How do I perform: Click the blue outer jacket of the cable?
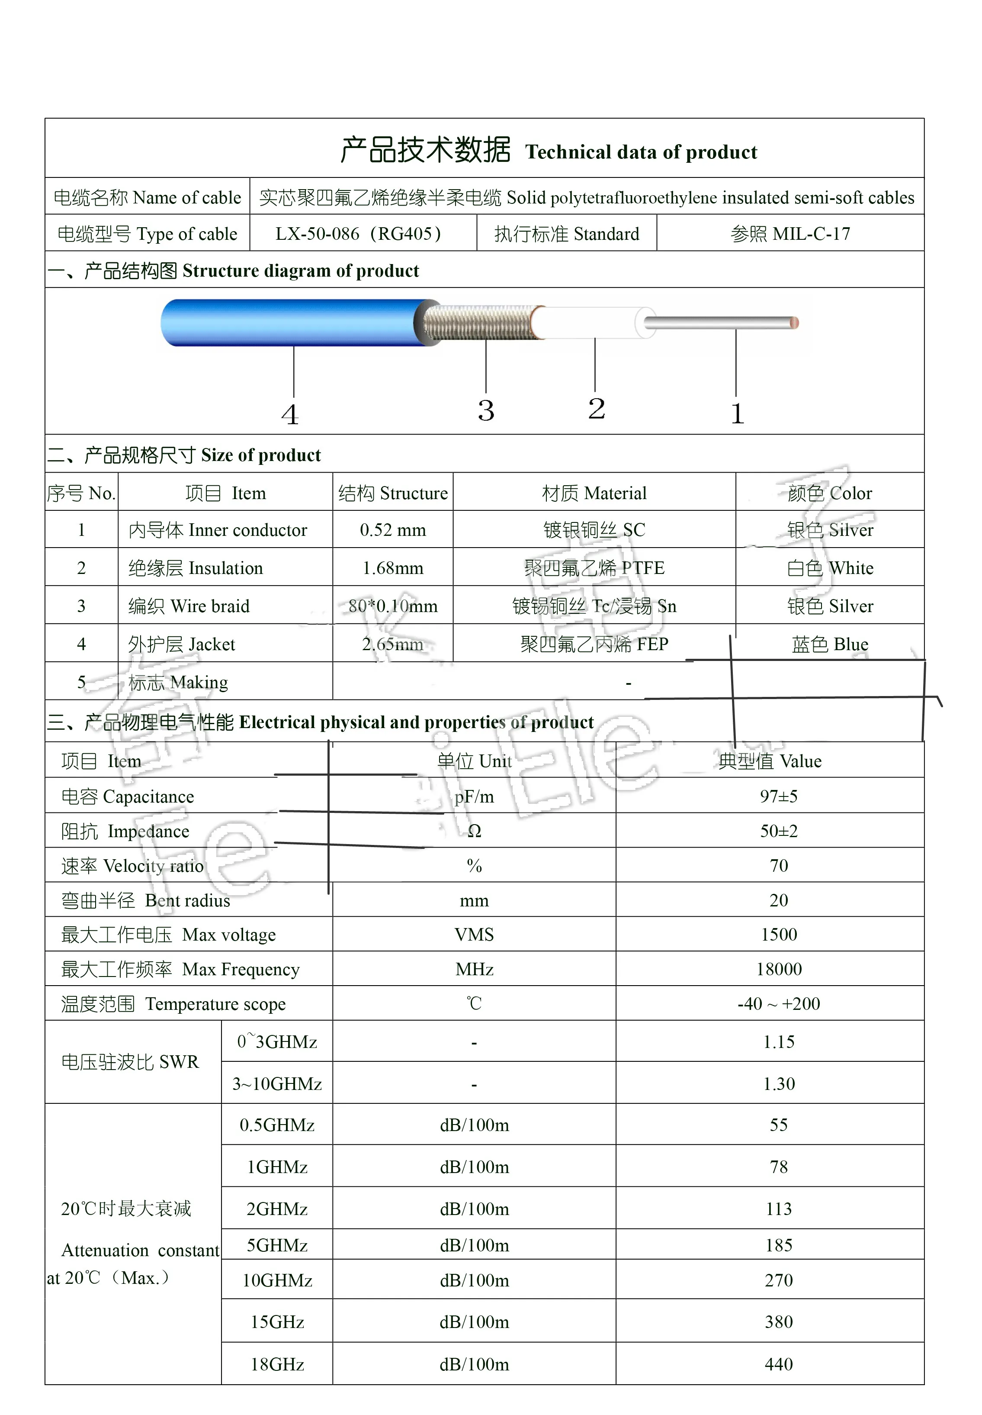point(289,322)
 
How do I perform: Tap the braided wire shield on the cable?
point(480,322)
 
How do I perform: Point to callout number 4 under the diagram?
point(290,414)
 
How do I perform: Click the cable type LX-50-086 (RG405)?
point(358,234)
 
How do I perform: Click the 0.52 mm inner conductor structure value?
point(392,530)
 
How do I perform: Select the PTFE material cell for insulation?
point(594,567)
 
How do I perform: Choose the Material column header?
point(594,493)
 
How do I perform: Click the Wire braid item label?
point(189,606)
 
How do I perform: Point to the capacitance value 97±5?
point(778,796)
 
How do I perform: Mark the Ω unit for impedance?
point(474,831)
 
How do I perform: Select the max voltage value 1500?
point(778,934)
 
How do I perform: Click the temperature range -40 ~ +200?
point(778,1003)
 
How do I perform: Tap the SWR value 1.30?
point(778,1083)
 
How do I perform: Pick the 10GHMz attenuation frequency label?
point(277,1280)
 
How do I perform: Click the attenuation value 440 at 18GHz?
point(778,1364)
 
